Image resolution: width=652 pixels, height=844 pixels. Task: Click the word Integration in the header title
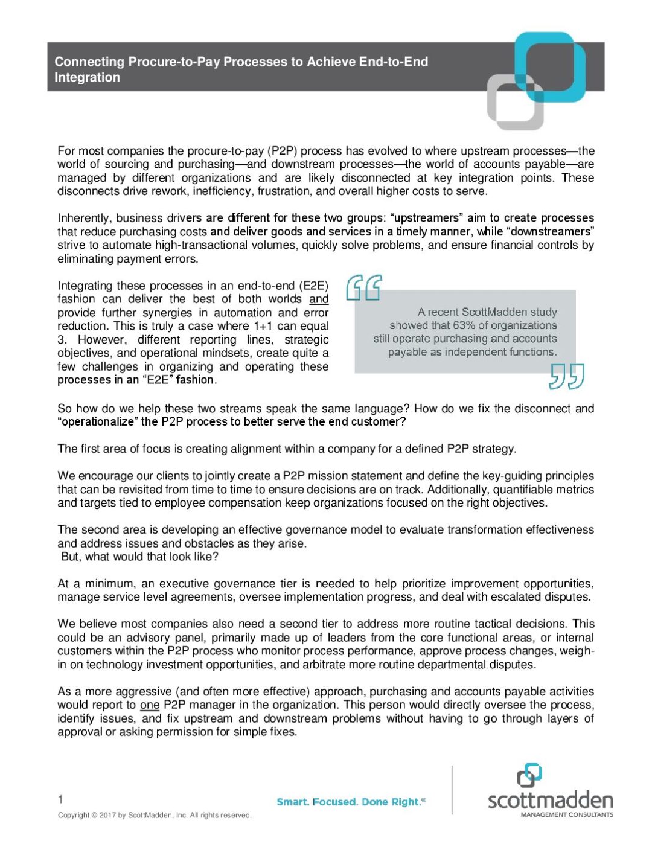point(88,77)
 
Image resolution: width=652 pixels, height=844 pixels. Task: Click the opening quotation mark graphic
point(364,287)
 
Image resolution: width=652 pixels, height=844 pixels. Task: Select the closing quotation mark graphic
point(566,376)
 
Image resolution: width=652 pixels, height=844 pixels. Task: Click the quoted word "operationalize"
point(98,421)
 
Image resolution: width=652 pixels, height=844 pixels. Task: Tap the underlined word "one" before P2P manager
point(150,705)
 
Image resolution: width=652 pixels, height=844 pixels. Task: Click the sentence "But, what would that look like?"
point(139,557)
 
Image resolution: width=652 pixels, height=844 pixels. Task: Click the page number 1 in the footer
point(60,799)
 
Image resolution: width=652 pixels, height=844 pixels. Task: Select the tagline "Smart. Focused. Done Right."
point(350,802)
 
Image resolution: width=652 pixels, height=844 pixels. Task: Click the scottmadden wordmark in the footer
point(550,801)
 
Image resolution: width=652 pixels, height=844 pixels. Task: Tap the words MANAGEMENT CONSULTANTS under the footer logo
point(567,814)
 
